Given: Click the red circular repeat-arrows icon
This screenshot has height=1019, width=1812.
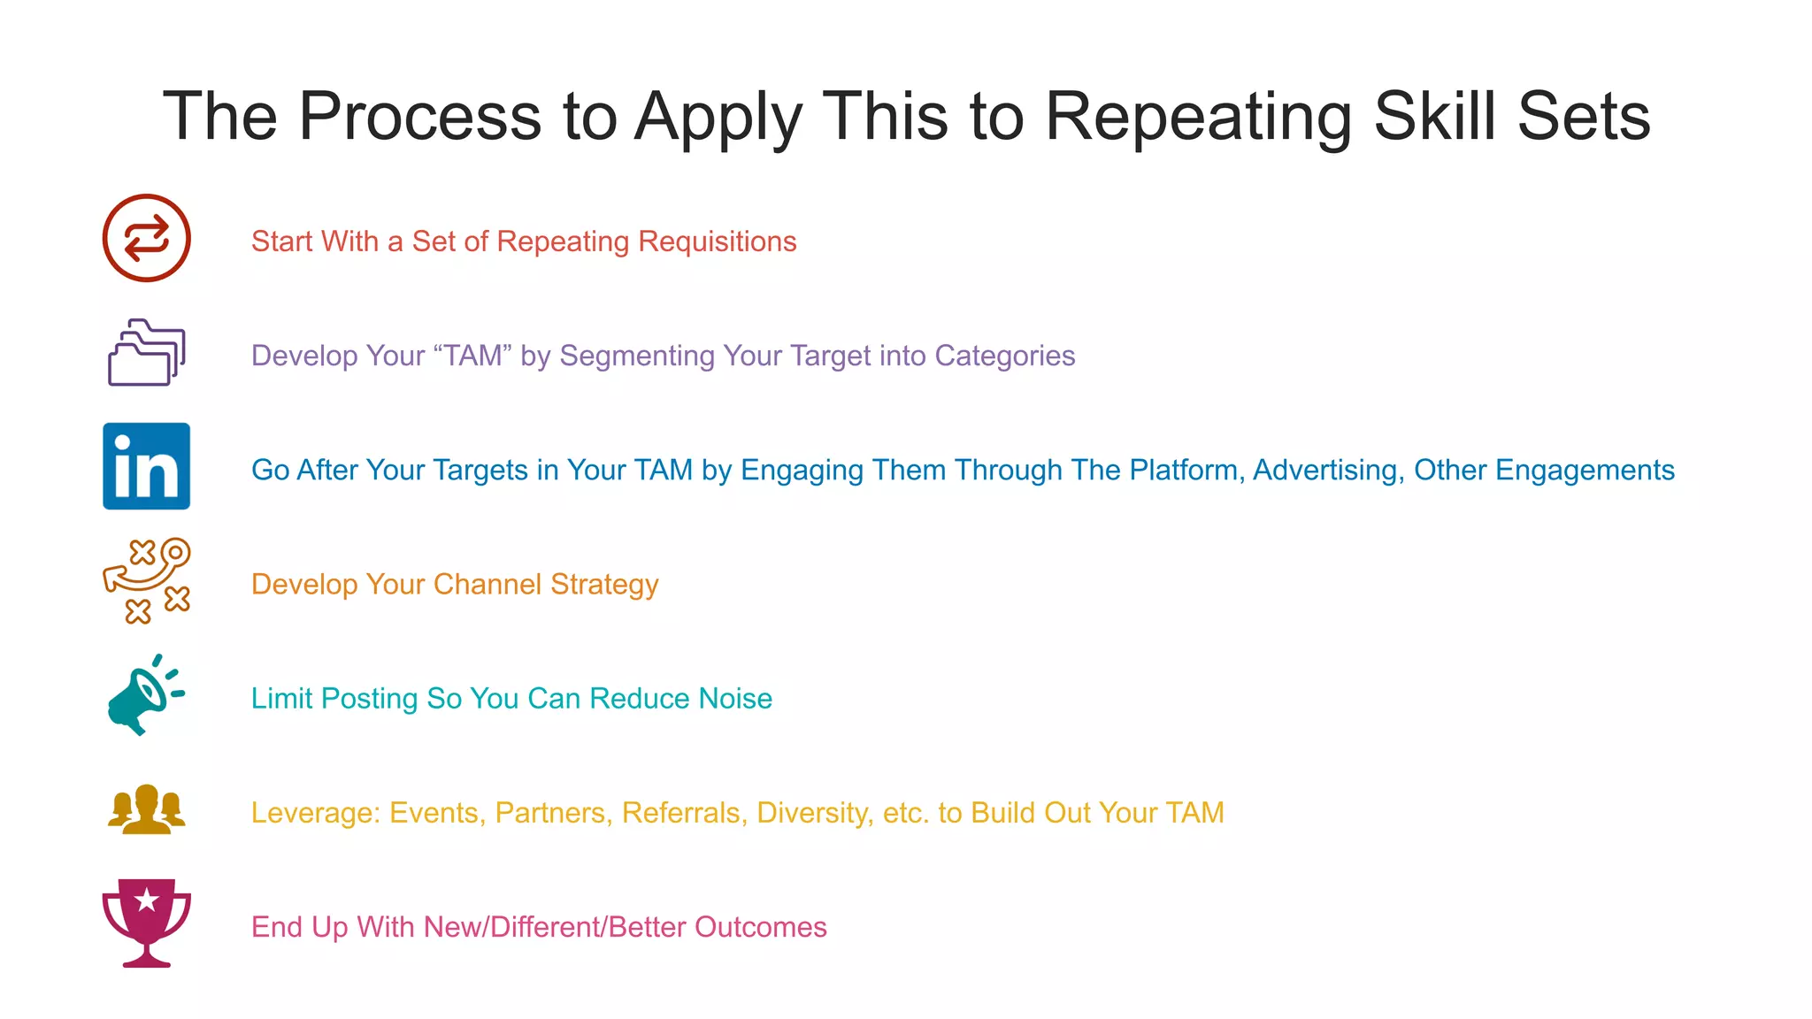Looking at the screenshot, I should pyautogui.click(x=146, y=238).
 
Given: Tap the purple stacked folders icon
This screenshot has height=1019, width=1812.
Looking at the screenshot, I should pyautogui.click(x=146, y=352).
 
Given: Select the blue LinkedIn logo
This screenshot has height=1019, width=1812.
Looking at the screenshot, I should pyautogui.click(x=146, y=466).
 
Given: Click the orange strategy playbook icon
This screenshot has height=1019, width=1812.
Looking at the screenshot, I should pyautogui.click(x=146, y=580).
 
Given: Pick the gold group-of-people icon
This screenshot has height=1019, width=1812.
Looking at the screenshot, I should pyautogui.click(x=146, y=809).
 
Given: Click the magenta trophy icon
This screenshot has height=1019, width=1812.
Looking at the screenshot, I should pyautogui.click(x=146, y=923).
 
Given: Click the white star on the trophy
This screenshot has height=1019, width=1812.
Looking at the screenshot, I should pyautogui.click(x=147, y=900).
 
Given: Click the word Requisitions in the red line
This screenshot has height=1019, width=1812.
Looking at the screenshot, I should pyautogui.click(x=717, y=241).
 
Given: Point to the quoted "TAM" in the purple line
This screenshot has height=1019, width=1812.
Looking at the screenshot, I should pyautogui.click(x=473, y=356).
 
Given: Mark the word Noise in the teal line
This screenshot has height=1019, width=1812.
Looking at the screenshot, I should pyautogui.click(x=735, y=699).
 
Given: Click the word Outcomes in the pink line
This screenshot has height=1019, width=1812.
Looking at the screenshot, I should pyautogui.click(x=760, y=927).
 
